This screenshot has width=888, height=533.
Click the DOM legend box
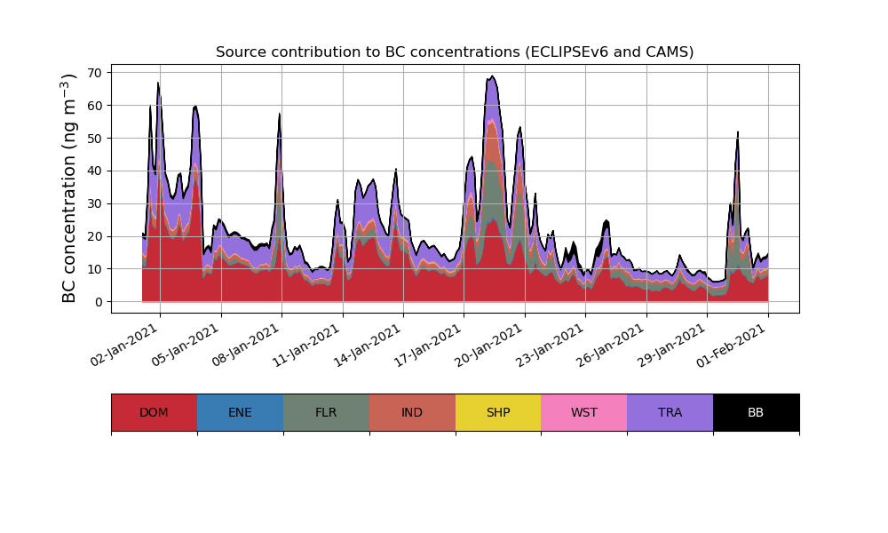(x=154, y=412)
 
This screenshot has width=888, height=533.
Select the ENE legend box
(x=240, y=412)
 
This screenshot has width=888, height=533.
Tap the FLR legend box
(x=326, y=412)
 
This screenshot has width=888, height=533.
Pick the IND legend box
(x=412, y=412)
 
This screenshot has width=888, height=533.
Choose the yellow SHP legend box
(x=498, y=412)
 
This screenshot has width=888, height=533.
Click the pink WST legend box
(x=584, y=412)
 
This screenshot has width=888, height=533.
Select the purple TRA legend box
(x=670, y=412)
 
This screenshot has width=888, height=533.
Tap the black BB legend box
(x=756, y=412)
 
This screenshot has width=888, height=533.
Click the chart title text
(x=455, y=52)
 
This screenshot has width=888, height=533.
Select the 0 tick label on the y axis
(x=99, y=302)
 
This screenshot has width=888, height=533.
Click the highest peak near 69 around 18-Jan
(x=493, y=76)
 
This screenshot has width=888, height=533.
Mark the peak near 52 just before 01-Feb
(x=738, y=132)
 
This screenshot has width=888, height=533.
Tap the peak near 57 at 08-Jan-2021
(x=280, y=114)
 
